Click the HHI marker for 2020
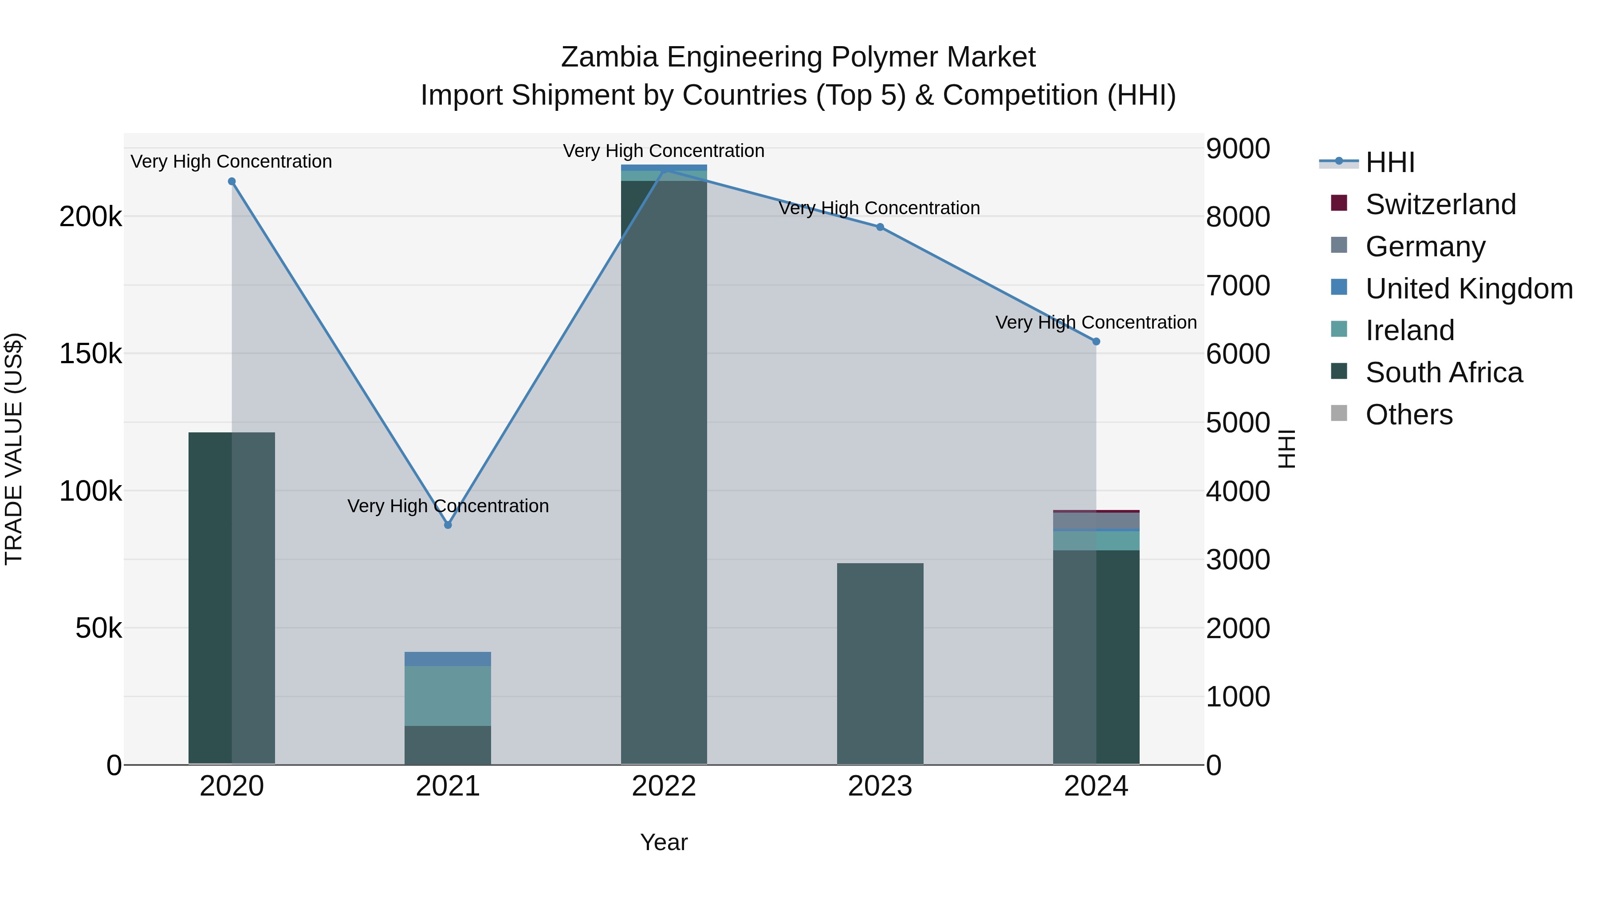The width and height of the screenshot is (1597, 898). point(232,181)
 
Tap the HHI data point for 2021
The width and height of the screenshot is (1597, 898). point(448,525)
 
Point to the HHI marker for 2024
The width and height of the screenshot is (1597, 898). point(1096,341)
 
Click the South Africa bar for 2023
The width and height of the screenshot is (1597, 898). point(880,663)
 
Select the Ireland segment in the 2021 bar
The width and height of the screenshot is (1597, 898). point(448,695)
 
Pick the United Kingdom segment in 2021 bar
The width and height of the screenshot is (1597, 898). point(448,659)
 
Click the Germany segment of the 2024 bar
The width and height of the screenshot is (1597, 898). point(1096,521)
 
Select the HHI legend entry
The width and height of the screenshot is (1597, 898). point(1389,162)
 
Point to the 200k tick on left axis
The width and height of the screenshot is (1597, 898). point(90,217)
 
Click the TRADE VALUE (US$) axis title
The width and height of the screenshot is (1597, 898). point(14,449)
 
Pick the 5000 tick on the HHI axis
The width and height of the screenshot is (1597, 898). point(1237,424)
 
